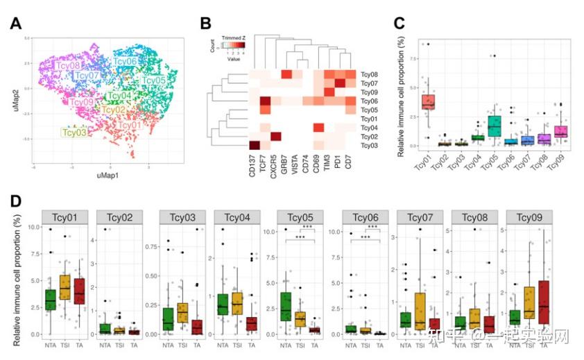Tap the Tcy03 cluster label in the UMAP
[74, 132]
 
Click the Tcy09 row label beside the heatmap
[370, 92]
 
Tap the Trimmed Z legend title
[232, 35]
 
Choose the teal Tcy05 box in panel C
[494, 126]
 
